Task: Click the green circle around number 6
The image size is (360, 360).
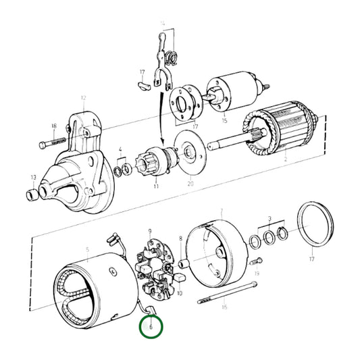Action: click(151, 327)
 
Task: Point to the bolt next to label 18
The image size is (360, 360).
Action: click(54, 143)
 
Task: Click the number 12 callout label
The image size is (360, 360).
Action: click(83, 98)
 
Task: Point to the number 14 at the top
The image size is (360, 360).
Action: click(162, 23)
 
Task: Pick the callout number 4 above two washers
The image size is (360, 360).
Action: click(120, 149)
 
